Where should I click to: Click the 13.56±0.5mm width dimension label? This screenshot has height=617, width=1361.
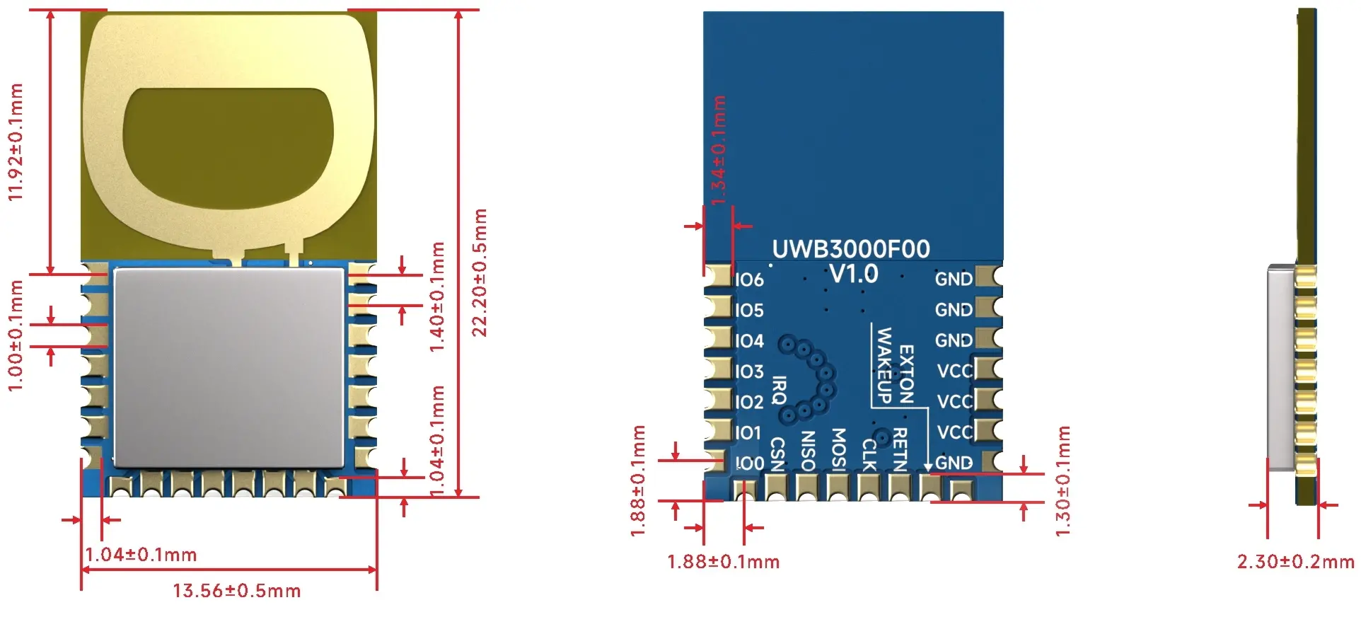[x=236, y=591]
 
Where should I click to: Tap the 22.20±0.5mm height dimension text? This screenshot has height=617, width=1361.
[x=480, y=272]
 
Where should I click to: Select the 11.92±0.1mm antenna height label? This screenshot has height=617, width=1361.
[x=16, y=142]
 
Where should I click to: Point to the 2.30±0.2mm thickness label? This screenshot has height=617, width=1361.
[x=1295, y=562]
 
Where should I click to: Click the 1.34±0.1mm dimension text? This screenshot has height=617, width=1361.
[x=718, y=150]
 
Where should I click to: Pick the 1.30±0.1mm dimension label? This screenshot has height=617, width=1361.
[x=1062, y=481]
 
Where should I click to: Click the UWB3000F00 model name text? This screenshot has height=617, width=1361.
[x=850, y=249]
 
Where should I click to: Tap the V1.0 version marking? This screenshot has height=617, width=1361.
[x=853, y=274]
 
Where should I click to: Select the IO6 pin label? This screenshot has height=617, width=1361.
[x=749, y=280]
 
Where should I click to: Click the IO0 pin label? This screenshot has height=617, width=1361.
[x=749, y=463]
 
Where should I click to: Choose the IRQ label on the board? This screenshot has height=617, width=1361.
[x=779, y=390]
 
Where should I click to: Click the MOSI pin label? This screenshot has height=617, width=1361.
[x=838, y=449]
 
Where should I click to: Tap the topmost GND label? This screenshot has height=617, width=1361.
[x=954, y=279]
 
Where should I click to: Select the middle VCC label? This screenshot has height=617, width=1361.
[x=954, y=402]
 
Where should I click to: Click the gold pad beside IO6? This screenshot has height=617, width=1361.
[x=719, y=276]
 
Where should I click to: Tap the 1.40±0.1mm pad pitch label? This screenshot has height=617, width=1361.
[x=437, y=297]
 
